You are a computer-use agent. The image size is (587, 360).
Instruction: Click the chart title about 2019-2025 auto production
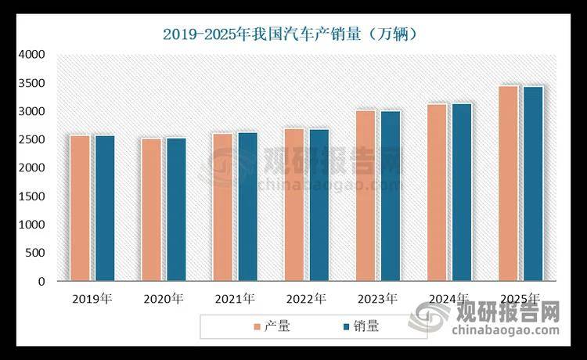293,34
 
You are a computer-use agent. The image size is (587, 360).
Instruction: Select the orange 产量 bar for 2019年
80,208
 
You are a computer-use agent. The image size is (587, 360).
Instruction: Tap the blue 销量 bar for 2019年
105,208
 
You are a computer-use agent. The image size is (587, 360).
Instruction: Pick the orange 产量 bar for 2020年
151,210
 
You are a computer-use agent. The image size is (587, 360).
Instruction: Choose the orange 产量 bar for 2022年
294,204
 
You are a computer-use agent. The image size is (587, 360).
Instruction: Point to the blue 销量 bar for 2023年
391,196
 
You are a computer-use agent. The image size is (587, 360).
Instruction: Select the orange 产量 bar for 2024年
437,193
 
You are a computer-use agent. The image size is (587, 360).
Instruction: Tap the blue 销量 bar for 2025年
533,184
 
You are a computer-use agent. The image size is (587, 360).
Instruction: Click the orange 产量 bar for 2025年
508,184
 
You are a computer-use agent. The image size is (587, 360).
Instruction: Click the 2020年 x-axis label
164,299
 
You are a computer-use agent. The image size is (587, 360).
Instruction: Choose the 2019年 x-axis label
92,299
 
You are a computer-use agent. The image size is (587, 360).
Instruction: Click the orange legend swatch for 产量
257,326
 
